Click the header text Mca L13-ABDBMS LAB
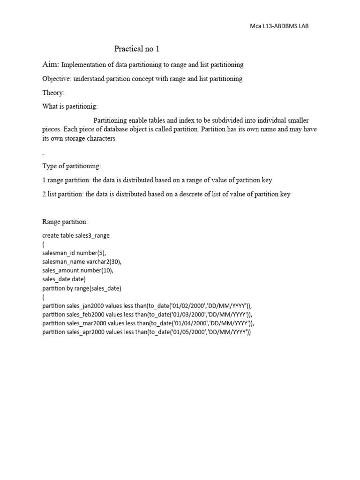tap(280, 26)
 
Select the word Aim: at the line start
tap(51, 64)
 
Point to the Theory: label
tap(53, 93)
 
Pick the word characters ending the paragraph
tap(99, 139)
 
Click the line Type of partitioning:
tap(71, 166)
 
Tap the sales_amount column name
tap(62, 270)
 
